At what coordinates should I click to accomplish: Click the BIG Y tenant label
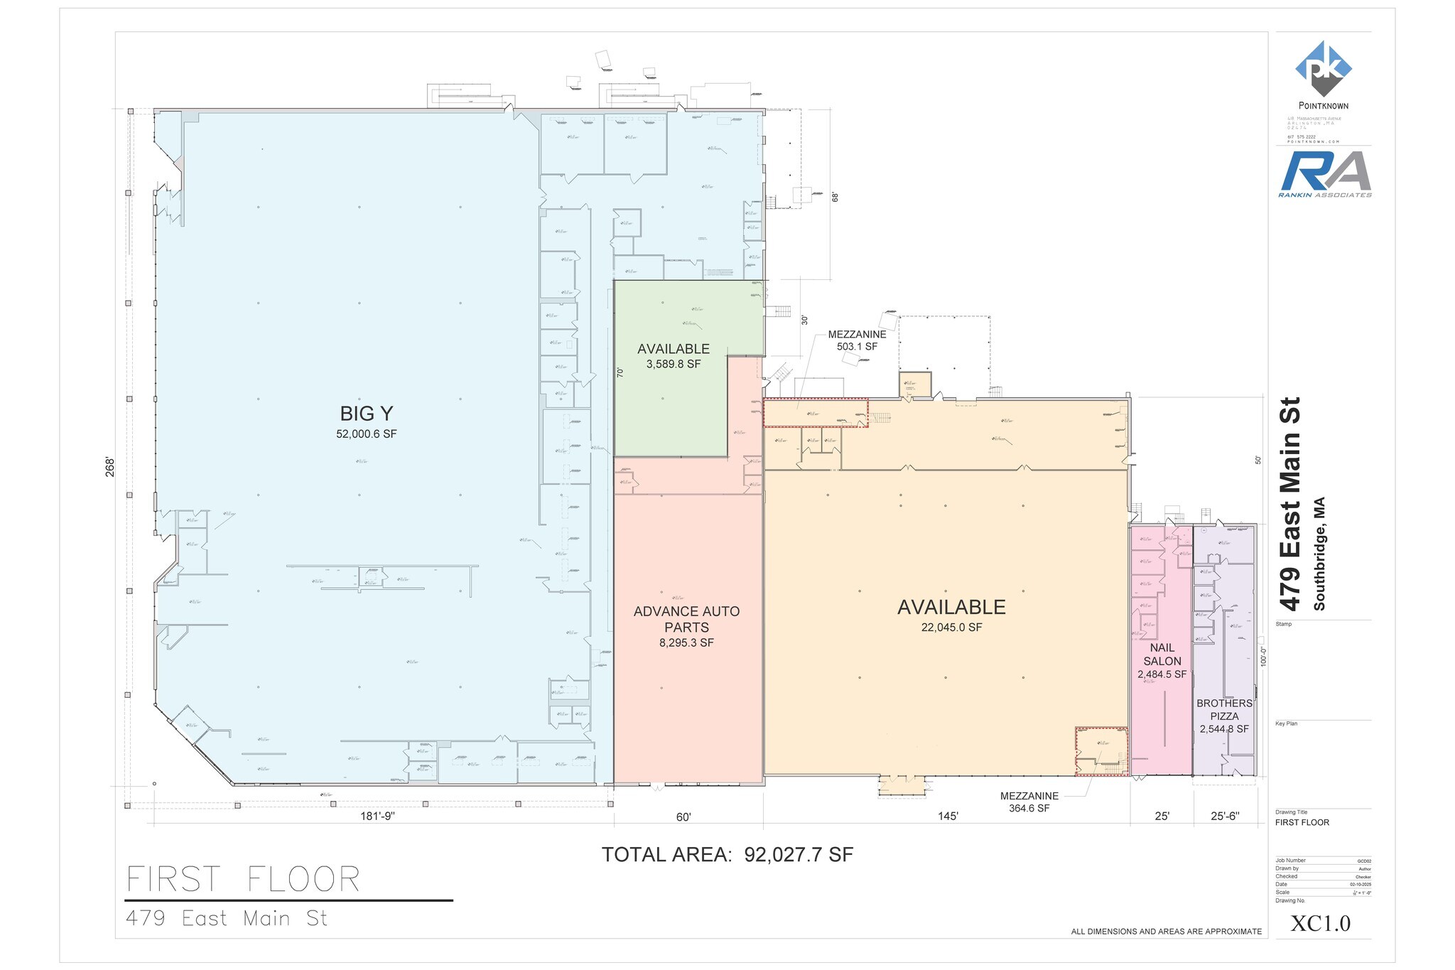click(x=367, y=414)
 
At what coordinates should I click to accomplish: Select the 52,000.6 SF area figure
click(x=367, y=434)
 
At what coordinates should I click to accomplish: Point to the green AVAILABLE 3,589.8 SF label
click(x=673, y=355)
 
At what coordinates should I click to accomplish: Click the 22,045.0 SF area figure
click(x=951, y=627)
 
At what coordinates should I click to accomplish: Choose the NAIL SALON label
click(x=1162, y=654)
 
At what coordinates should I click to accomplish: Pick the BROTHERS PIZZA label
click(x=1224, y=710)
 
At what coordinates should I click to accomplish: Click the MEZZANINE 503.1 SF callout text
click(x=857, y=340)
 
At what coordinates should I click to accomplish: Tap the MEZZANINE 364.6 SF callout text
click(x=1029, y=802)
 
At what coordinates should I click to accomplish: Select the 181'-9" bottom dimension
click(x=377, y=817)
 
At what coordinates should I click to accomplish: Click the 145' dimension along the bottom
click(x=948, y=817)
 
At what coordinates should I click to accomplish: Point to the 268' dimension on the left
click(x=110, y=466)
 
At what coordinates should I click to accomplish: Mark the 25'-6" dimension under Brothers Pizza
click(x=1224, y=817)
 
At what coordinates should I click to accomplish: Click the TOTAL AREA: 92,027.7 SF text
click(x=727, y=855)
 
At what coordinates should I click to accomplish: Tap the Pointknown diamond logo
click(x=1323, y=68)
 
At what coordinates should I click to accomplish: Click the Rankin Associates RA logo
click(x=1325, y=172)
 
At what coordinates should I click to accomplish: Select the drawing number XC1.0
click(x=1320, y=923)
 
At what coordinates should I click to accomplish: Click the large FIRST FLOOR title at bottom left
click(x=244, y=880)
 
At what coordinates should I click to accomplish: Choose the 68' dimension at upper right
click(x=835, y=197)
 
